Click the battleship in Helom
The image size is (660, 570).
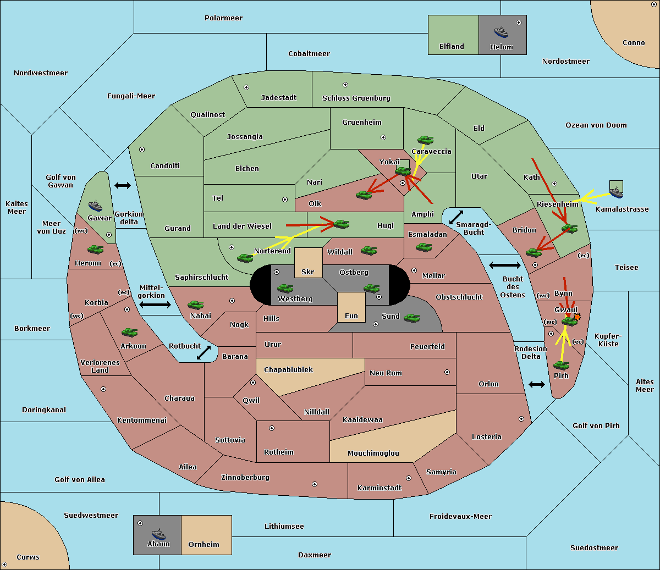click(501, 32)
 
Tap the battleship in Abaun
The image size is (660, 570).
click(158, 534)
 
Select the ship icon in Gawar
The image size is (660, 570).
click(95, 206)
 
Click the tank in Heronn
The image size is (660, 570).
click(96, 249)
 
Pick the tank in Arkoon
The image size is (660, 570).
click(130, 332)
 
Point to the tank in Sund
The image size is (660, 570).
click(411, 318)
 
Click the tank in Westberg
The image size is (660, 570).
click(285, 288)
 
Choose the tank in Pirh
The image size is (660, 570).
click(562, 365)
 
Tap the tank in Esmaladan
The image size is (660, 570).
click(424, 247)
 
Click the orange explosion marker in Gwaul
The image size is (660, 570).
click(577, 317)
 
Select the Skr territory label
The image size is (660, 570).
click(308, 272)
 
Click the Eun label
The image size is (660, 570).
click(351, 316)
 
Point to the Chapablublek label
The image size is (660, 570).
click(288, 369)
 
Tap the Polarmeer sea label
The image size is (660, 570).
click(223, 18)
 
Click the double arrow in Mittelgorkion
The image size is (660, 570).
click(155, 305)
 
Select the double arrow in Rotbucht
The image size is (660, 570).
click(204, 352)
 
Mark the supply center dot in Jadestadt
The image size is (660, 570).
click(246, 87)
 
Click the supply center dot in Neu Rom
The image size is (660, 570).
click(447, 372)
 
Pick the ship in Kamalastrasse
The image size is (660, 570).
click(616, 192)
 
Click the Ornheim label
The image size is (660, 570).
click(204, 544)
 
